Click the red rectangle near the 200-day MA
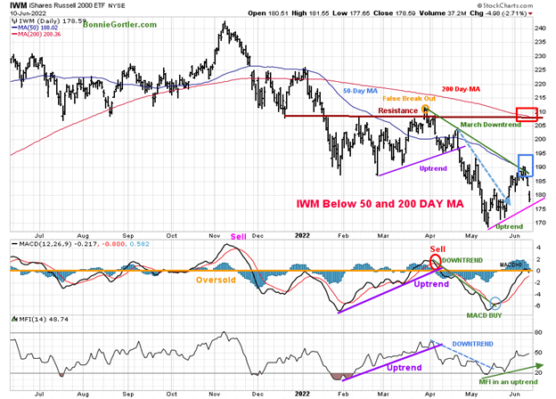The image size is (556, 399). point(525,115)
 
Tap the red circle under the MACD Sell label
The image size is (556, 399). point(435,262)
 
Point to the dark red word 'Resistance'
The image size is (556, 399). point(397,110)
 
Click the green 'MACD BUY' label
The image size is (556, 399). point(481,314)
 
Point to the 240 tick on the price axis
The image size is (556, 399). point(539,28)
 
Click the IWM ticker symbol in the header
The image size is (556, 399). point(16,11)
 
